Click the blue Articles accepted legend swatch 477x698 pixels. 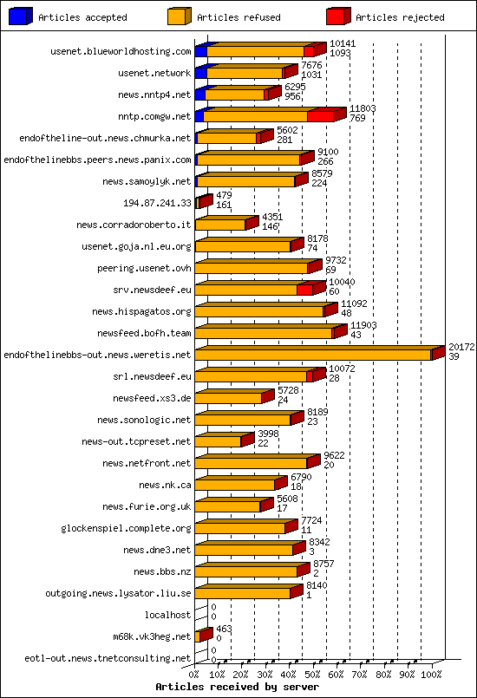20,16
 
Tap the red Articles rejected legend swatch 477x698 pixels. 337,16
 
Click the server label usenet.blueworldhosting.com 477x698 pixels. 121,52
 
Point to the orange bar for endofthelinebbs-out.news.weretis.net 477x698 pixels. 312,355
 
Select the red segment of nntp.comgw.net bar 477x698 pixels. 320,116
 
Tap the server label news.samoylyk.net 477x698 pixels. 147,182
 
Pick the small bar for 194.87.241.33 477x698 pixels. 203,203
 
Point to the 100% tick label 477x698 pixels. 431,673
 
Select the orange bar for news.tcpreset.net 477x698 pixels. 218,441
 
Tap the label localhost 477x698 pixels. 167,615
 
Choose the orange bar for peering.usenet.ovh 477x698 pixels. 252,268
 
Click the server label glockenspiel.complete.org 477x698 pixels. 126,528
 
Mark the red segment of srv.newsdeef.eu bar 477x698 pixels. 304,290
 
